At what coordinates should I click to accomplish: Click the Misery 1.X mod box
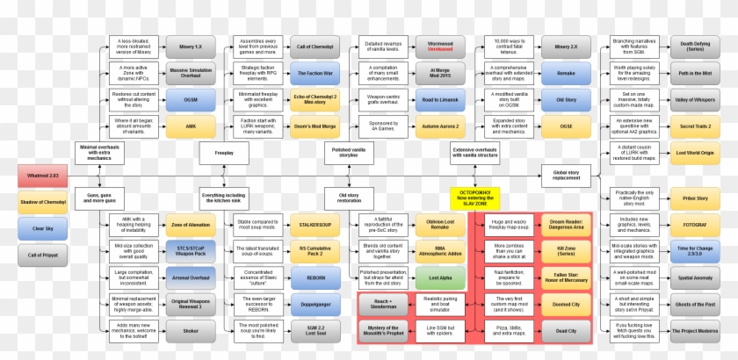tap(190, 47)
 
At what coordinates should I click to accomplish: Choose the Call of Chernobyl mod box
tap(314, 47)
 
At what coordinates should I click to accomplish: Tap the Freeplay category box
tap(225, 153)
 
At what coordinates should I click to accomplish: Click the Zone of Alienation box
tap(190, 225)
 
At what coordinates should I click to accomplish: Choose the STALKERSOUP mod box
tap(314, 225)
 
